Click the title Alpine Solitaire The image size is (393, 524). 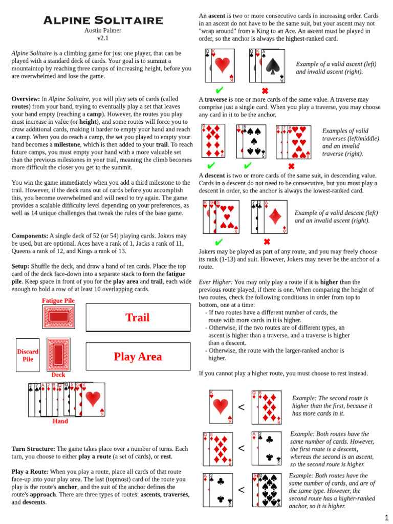pyautogui.click(x=103, y=20)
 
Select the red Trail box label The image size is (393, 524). pyautogui.click(x=138, y=318)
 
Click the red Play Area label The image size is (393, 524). pyautogui.click(x=138, y=357)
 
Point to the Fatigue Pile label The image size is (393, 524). pyautogui.click(x=58, y=301)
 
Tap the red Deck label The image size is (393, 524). pyautogui.click(x=58, y=375)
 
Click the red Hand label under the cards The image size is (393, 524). pyautogui.click(x=60, y=421)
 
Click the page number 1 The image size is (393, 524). pyautogui.click(x=387, y=517)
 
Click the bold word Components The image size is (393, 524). pyautogui.click(x=29, y=236)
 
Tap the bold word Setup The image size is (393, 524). pyautogui.click(x=20, y=267)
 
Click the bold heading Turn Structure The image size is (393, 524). pyautogui.click(x=33, y=449)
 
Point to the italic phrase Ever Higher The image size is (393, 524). pyautogui.click(x=215, y=282)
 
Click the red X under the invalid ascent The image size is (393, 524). pyautogui.click(x=265, y=91)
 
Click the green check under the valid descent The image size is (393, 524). pyautogui.click(x=219, y=242)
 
